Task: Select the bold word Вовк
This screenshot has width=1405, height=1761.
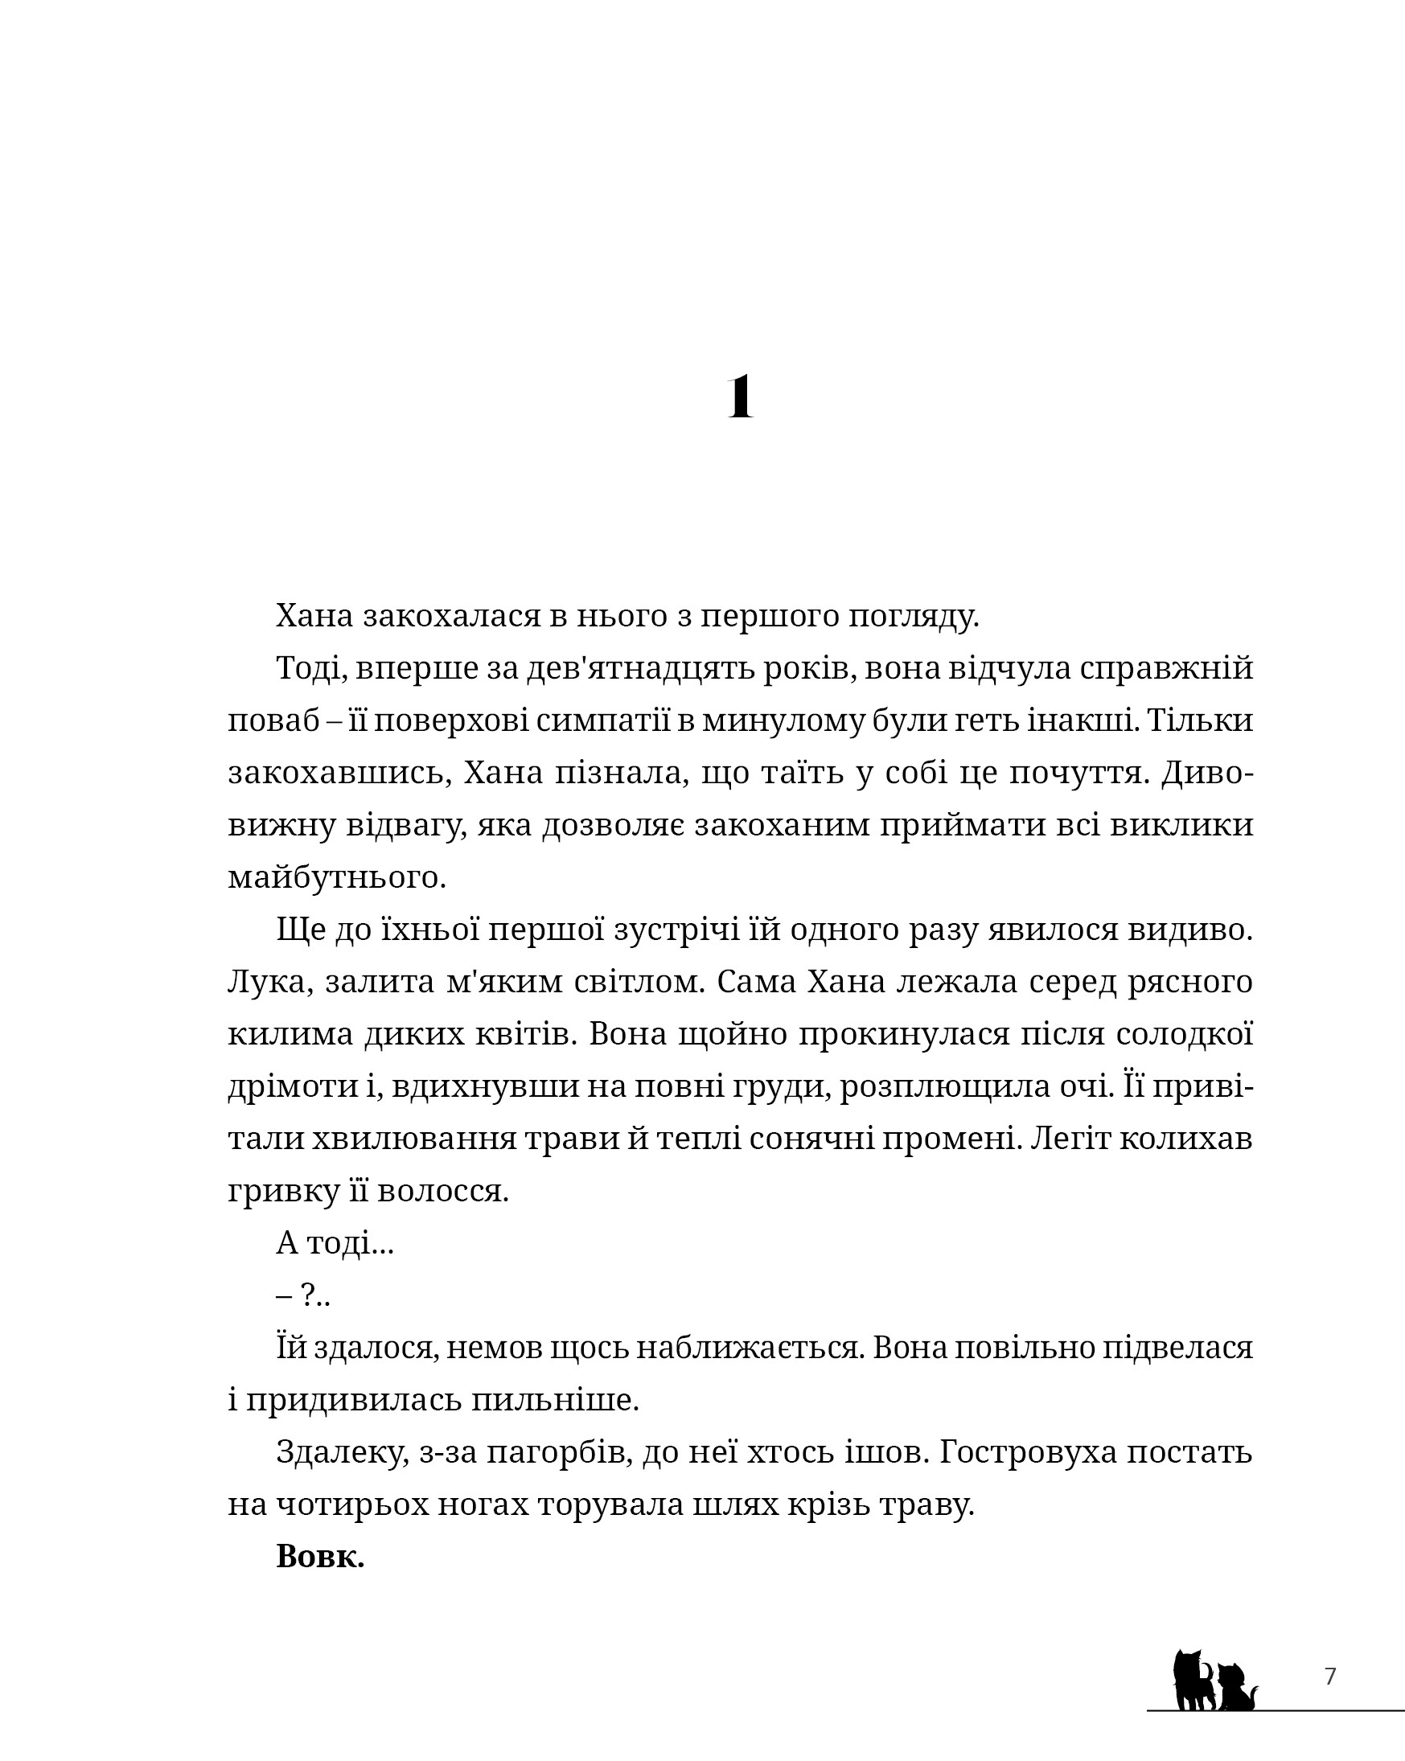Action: pos(319,1557)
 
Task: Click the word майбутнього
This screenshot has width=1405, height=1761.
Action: pos(336,878)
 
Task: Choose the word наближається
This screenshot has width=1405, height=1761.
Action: pos(750,1348)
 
